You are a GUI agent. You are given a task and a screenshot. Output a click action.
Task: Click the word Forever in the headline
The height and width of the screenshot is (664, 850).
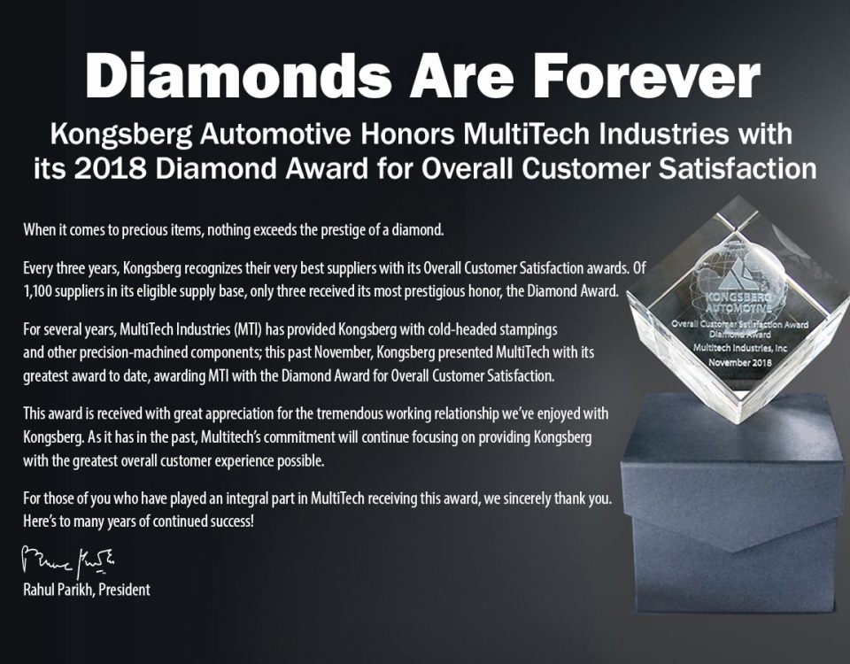coord(645,74)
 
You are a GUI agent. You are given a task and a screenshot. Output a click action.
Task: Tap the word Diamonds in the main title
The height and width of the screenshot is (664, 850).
coord(237,74)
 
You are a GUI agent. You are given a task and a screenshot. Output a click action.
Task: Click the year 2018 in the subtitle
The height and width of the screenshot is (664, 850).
coord(112,168)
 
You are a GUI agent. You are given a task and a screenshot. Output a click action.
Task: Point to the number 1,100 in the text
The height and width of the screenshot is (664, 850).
coord(37,292)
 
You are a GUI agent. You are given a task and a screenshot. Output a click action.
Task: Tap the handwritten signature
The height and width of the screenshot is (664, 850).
coord(68,561)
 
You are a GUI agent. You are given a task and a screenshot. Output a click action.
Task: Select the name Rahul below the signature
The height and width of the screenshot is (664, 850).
coord(38,590)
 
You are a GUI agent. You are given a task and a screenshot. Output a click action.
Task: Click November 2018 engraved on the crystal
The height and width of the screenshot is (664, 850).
coord(740,361)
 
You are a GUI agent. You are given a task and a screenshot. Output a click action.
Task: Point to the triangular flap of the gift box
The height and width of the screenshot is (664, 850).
coord(738,526)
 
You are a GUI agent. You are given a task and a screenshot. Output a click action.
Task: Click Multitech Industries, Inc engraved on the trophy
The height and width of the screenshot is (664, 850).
coord(740,347)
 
